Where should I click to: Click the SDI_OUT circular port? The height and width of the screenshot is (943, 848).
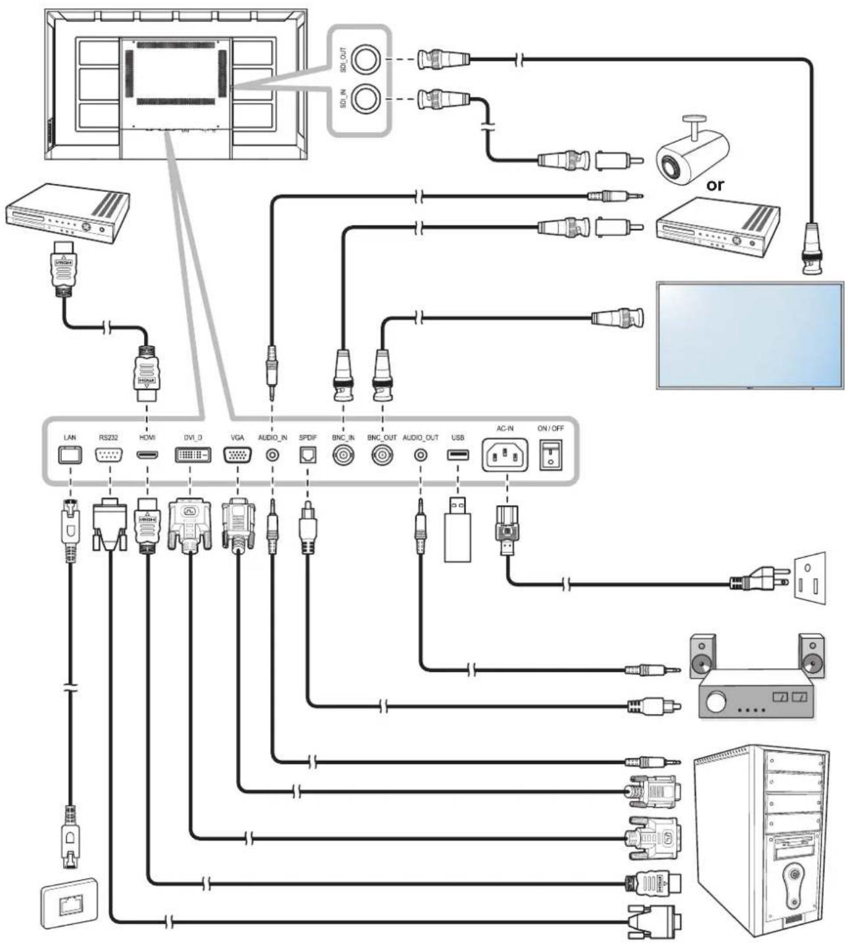365,60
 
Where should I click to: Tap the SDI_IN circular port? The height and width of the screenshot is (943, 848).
365,99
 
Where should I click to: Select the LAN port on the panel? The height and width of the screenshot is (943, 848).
70,455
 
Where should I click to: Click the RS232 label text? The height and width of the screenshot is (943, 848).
108,438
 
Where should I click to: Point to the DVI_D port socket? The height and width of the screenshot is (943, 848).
193,455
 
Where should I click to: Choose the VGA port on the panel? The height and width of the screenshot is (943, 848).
237,455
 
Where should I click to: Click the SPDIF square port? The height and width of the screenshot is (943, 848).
308,455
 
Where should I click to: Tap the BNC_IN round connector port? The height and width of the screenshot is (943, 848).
344,455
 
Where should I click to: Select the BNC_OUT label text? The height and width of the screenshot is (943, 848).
382,438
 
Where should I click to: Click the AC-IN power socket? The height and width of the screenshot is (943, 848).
505,455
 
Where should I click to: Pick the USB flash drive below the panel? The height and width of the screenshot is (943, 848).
458,529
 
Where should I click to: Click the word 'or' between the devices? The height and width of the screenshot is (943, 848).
715,185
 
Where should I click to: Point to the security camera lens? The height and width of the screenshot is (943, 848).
669,164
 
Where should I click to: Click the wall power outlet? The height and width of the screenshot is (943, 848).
809,578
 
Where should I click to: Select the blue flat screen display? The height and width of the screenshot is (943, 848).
750,335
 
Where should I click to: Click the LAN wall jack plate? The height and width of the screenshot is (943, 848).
69,903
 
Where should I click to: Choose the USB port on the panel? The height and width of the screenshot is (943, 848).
458,454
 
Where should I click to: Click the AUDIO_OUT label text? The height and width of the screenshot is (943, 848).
420,438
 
